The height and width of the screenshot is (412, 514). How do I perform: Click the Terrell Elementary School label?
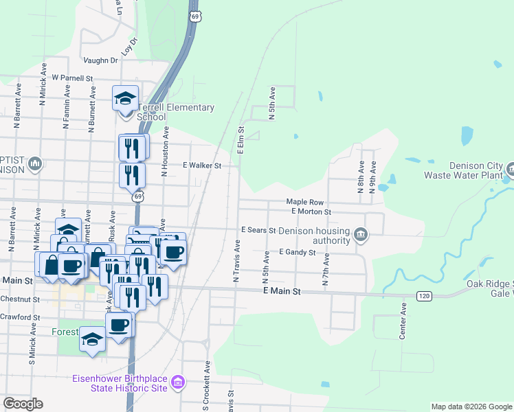176,112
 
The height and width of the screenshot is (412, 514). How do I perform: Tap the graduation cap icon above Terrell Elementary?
126,98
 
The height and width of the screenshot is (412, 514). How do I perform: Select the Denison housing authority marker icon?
360,236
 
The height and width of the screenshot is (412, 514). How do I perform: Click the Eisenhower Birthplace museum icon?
178,382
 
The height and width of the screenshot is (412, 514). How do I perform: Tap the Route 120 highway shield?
423,295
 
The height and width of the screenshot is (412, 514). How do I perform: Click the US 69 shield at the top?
197,16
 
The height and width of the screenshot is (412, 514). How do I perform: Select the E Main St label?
282,292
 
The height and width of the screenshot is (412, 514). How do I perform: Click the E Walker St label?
201,165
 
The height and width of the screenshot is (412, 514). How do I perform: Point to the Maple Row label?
305,203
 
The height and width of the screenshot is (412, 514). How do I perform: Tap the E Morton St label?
311,211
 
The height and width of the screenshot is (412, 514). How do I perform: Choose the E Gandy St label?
297,252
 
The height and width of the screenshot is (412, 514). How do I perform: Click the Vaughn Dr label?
101,60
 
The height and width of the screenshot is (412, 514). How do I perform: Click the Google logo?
23,404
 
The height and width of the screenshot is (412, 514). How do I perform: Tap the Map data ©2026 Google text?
471,407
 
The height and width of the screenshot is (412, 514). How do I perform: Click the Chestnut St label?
20,299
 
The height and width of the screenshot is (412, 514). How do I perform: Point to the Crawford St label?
20,317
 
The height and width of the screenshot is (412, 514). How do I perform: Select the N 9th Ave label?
372,177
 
